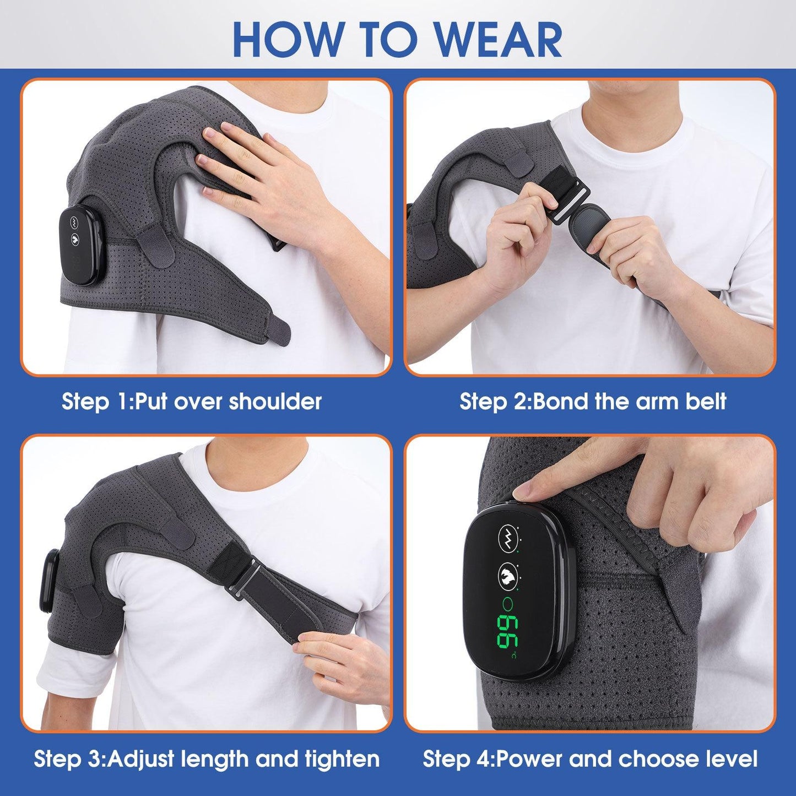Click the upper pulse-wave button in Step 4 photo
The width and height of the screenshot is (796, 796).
pyautogui.click(x=508, y=534)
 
